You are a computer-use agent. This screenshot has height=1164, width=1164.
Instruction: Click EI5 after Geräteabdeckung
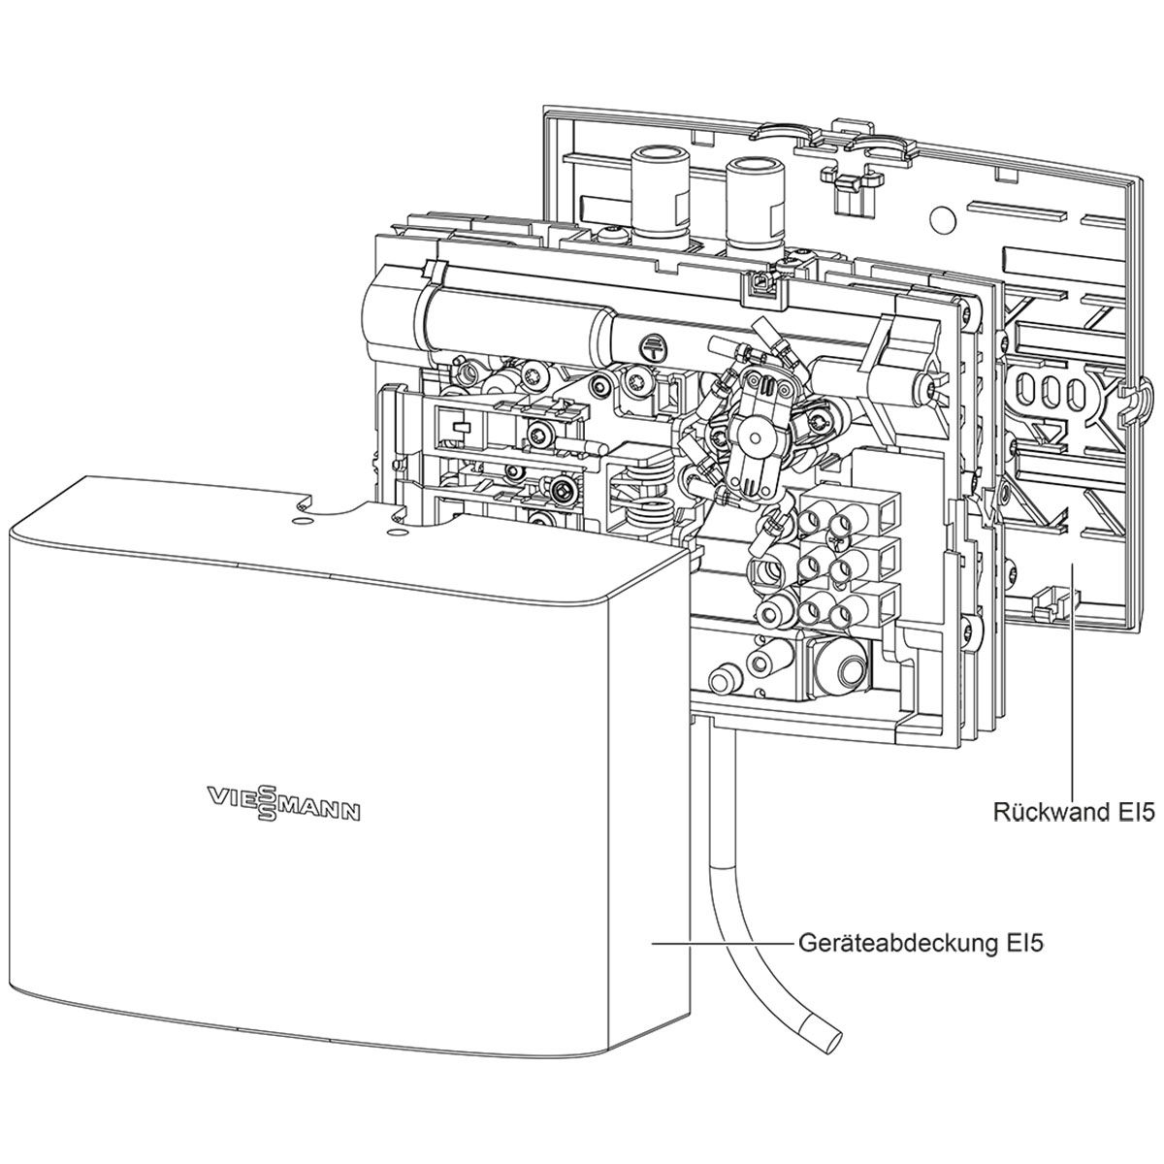1021,941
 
